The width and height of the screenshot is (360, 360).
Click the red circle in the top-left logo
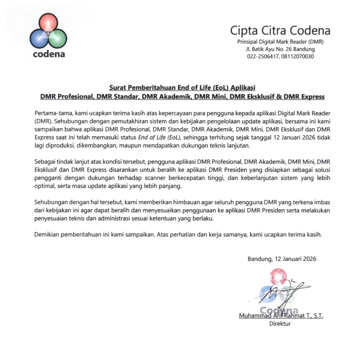[x=48, y=23]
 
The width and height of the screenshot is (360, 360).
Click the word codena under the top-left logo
[x=49, y=54]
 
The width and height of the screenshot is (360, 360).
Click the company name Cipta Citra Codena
[x=280, y=31]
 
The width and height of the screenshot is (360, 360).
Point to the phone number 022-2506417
[x=263, y=56]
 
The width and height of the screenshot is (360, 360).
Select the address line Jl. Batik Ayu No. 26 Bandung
[x=280, y=49]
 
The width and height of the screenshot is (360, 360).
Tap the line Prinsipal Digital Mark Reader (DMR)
[x=280, y=42]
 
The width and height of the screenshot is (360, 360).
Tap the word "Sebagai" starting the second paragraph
[x=44, y=162]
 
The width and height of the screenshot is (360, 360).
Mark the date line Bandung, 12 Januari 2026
[x=282, y=259]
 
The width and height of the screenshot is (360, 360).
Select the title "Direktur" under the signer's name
[x=280, y=324]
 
